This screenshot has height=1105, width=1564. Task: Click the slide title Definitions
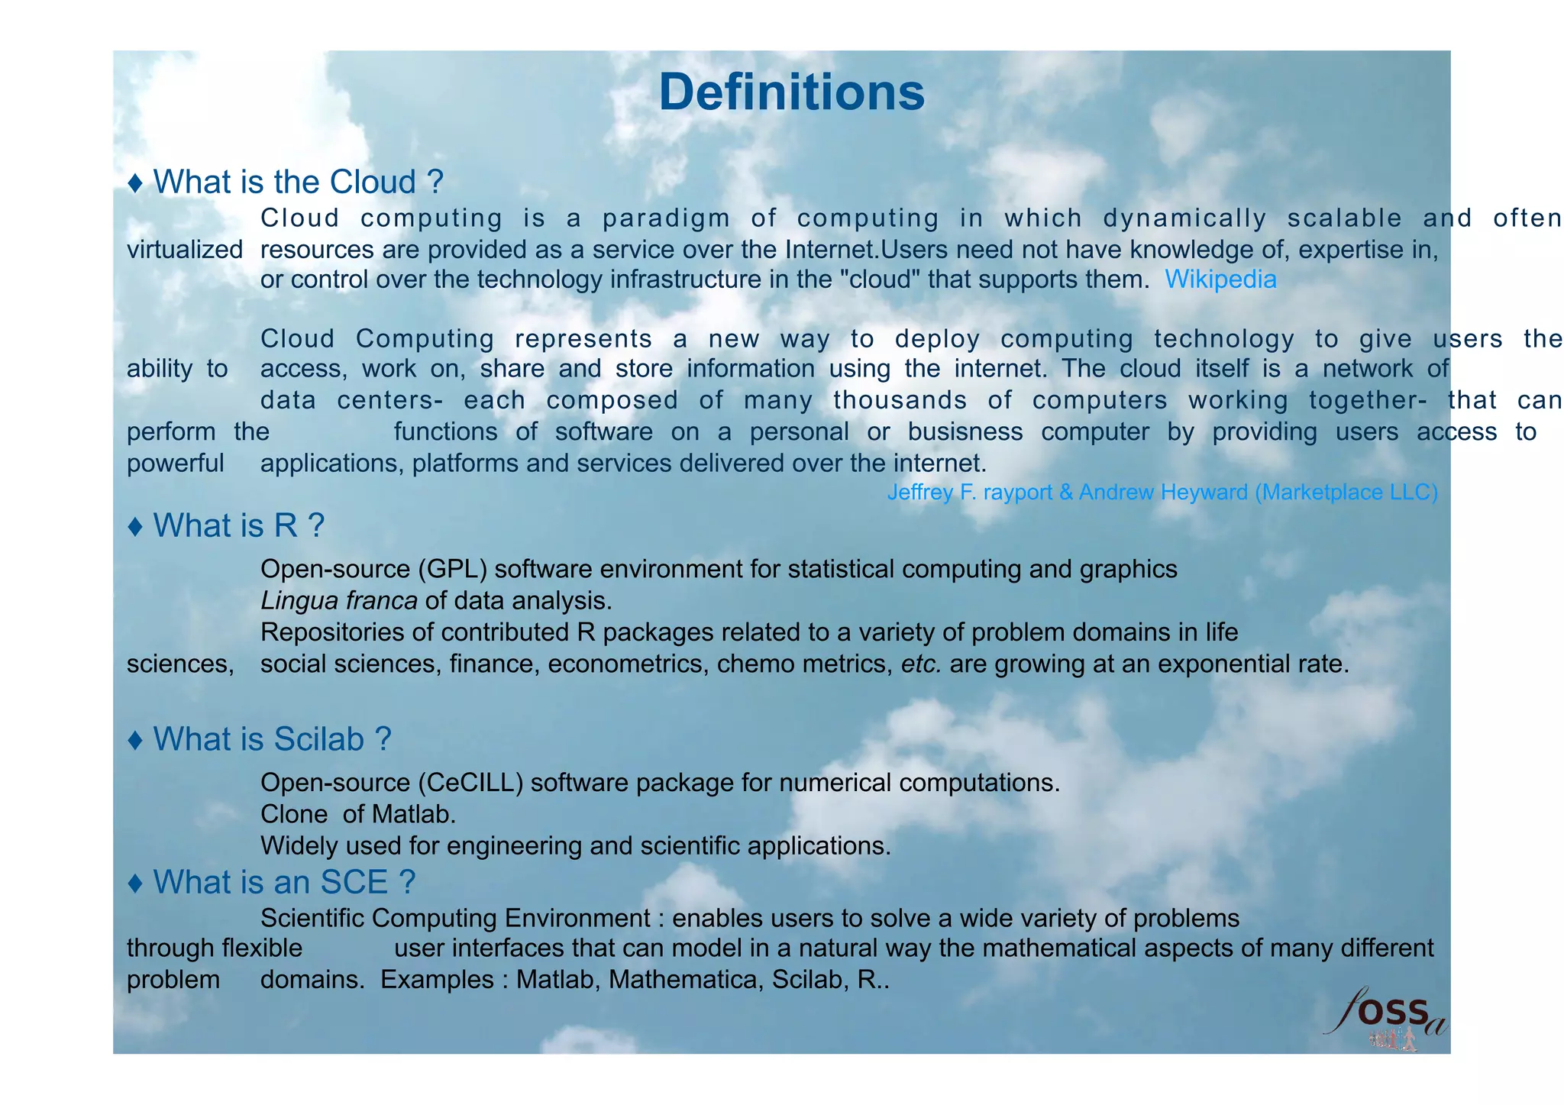791,92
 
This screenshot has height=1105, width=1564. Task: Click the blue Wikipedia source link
1220,279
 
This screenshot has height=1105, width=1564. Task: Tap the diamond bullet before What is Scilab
136,740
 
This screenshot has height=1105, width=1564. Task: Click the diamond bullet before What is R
136,526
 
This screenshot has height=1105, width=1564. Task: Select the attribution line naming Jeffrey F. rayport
1162,493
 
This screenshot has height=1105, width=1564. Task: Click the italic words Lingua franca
338,601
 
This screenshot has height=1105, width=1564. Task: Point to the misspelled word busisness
965,432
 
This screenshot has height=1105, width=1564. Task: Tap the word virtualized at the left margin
185,250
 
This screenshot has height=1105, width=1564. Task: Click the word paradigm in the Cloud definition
666,218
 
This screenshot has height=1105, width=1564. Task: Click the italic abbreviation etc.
921,664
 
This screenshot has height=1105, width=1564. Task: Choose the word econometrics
625,664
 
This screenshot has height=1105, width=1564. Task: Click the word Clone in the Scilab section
294,814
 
